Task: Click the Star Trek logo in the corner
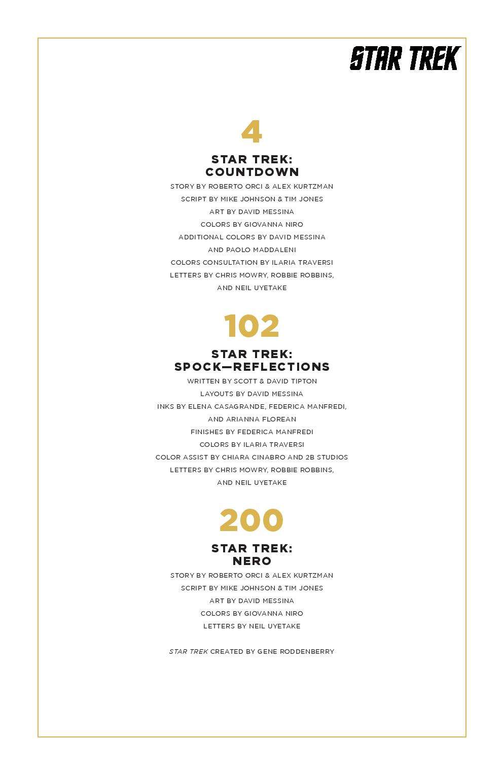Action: pyautogui.click(x=405, y=58)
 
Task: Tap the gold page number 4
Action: pyautogui.click(x=251, y=132)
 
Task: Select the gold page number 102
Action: pyautogui.click(x=251, y=326)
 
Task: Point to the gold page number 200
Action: pyautogui.click(x=251, y=520)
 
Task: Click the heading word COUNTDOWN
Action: pyautogui.click(x=252, y=172)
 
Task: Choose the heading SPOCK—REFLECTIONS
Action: pyautogui.click(x=252, y=367)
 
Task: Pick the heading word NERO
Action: pyautogui.click(x=252, y=561)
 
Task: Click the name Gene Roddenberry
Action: pyautogui.click(x=296, y=651)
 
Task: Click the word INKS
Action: pyautogui.click(x=166, y=406)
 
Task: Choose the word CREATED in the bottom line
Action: pyautogui.click(x=227, y=651)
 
